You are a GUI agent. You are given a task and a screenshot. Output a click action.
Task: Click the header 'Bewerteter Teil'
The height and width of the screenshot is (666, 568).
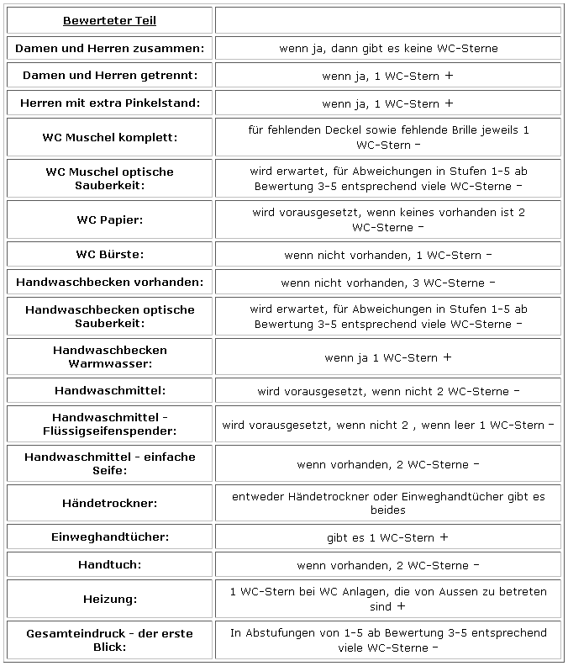pos(109,21)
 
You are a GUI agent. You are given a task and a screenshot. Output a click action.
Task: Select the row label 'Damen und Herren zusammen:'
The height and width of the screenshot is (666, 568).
pos(109,48)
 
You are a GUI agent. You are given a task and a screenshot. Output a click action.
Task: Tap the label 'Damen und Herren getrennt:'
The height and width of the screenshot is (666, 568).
pos(109,76)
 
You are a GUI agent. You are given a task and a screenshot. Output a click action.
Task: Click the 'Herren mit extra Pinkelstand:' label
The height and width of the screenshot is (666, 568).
pos(109,103)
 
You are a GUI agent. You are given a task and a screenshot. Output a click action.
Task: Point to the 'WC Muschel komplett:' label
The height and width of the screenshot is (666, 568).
pos(109,137)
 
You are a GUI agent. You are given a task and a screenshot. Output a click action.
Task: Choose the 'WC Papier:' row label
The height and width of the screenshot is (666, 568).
pos(109,219)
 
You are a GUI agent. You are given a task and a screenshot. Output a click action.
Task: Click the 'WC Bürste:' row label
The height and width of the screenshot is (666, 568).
pos(109,254)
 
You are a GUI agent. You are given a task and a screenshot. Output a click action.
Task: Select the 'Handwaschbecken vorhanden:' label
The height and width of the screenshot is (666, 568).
pos(109,282)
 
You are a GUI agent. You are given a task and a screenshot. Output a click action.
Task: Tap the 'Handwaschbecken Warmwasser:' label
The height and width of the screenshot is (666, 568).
pos(109,357)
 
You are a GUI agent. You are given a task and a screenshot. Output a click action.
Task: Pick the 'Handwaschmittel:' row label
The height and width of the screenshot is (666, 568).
pos(109,391)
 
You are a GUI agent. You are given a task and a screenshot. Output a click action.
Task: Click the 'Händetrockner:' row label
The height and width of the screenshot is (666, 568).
pos(109,503)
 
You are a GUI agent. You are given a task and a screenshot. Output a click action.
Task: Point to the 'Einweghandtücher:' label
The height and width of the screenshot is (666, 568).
pos(109,537)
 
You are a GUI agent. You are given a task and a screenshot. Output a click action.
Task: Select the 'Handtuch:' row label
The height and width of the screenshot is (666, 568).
pos(109,565)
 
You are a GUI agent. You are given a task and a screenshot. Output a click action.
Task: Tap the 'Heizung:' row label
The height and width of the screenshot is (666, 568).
pos(109,599)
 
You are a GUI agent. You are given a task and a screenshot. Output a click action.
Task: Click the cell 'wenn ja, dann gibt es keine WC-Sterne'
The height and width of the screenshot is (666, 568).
pos(388,48)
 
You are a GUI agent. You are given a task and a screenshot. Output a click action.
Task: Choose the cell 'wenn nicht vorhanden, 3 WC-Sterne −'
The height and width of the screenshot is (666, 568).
pos(388,282)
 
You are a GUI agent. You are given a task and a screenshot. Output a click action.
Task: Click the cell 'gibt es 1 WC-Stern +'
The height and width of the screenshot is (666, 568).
pos(388,537)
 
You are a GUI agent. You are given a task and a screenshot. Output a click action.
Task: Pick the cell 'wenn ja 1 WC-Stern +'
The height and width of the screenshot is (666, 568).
pos(388,357)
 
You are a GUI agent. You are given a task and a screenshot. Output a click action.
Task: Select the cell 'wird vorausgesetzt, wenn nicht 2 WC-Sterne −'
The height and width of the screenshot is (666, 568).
pos(388,391)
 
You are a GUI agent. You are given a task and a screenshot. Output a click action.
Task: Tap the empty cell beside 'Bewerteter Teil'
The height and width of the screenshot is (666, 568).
pos(388,21)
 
